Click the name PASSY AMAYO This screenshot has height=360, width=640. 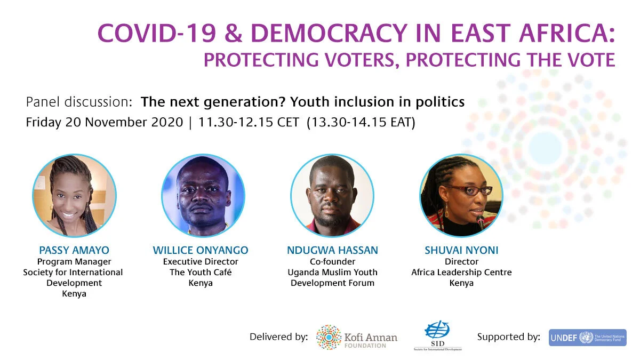click(75, 250)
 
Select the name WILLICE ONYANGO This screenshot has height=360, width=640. click(201, 250)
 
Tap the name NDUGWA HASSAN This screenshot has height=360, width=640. click(333, 250)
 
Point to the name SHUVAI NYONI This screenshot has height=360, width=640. click(461, 250)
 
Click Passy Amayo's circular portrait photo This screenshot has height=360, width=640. click(75, 196)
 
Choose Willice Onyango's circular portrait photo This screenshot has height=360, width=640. click(203, 196)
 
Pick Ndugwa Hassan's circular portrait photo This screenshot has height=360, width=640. click(332, 196)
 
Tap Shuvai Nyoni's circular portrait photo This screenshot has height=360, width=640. click(461, 196)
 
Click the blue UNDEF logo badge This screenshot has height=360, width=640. click(587, 337)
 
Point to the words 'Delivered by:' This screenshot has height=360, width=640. click(278, 337)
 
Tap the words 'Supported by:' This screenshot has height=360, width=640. click(509, 337)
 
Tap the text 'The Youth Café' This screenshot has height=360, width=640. click(201, 272)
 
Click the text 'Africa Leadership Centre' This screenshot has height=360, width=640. click(461, 272)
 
